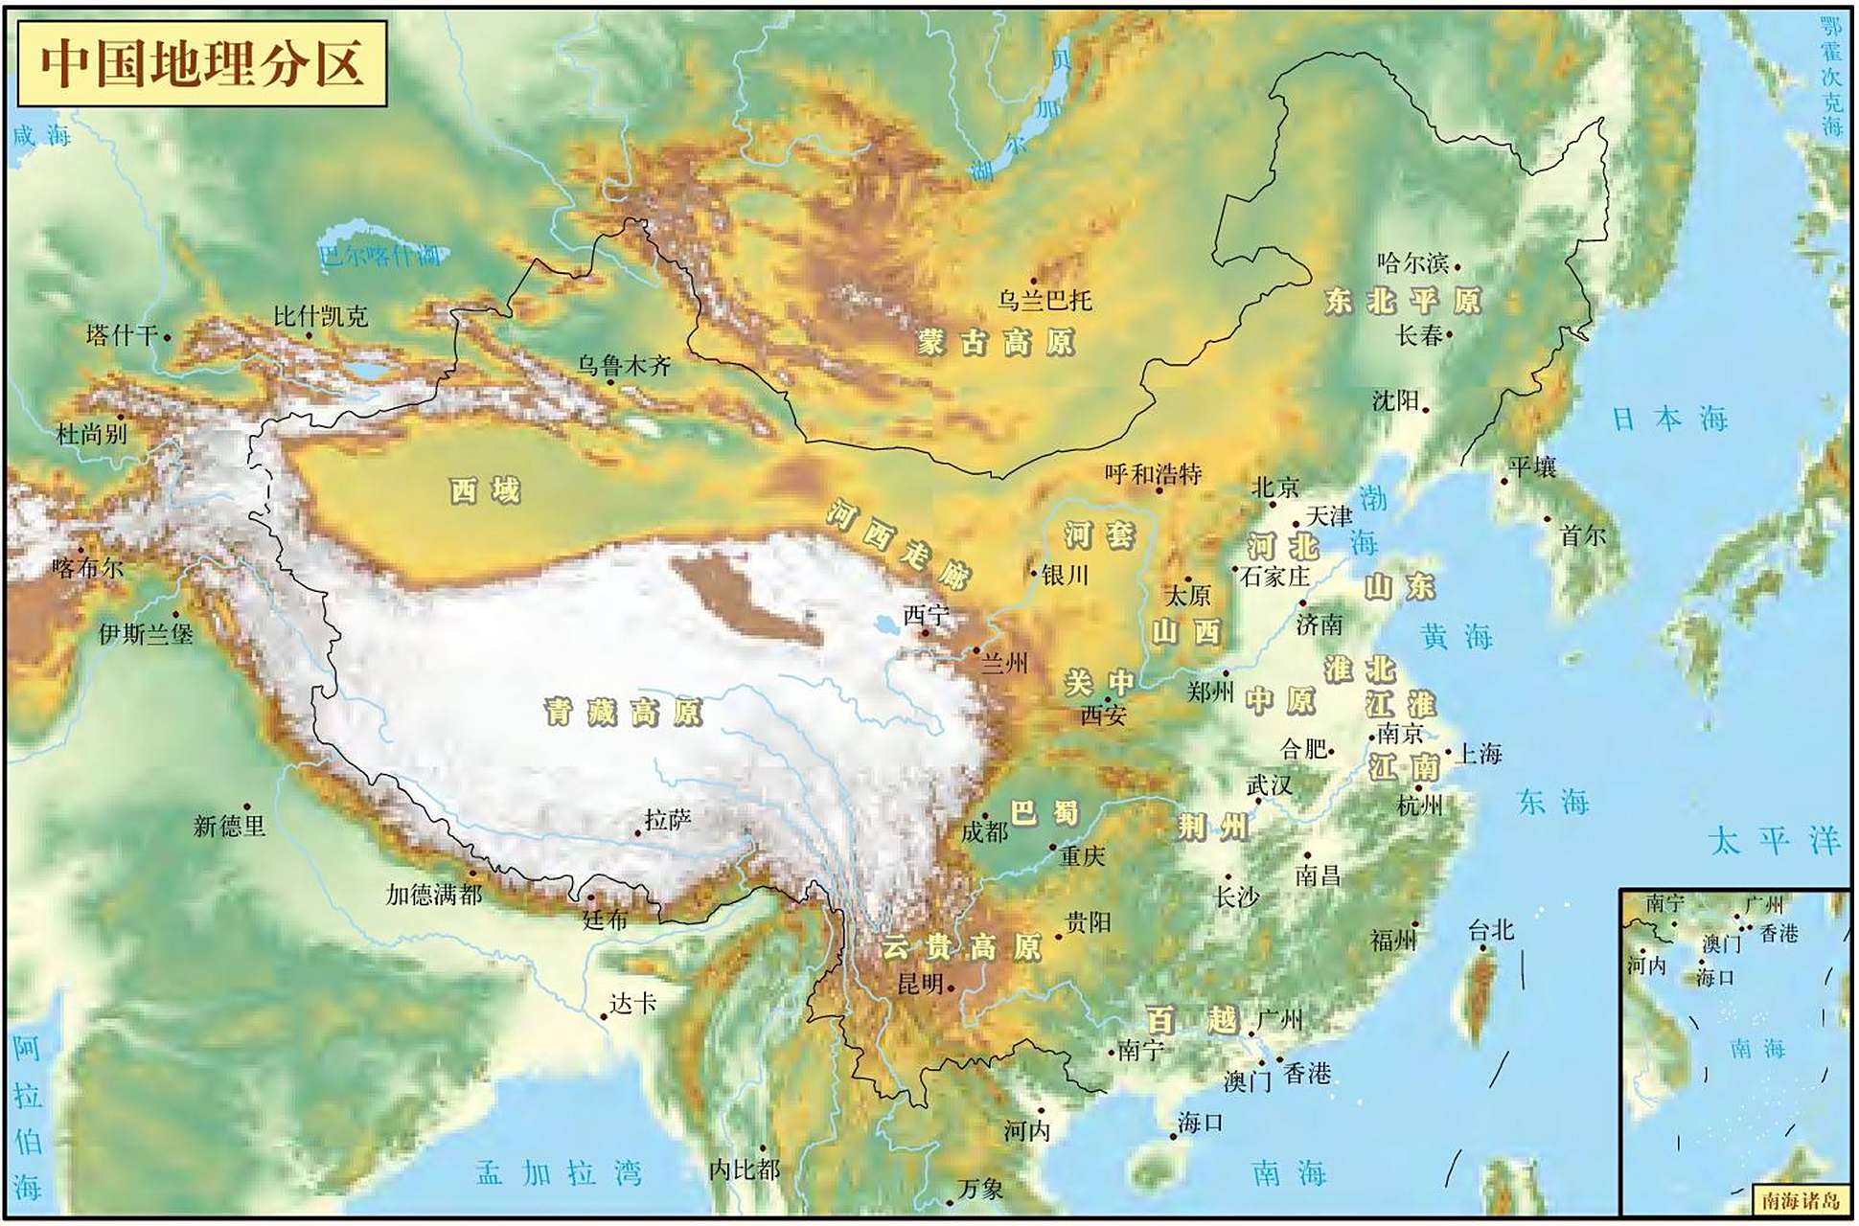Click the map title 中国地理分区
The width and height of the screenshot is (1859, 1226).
(x=202, y=63)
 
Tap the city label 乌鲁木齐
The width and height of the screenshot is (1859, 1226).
(x=624, y=366)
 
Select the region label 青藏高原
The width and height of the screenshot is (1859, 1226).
(x=623, y=713)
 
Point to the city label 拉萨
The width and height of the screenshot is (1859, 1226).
(x=667, y=821)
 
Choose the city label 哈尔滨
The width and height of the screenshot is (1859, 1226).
(x=1412, y=262)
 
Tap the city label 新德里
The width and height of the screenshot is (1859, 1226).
(x=229, y=826)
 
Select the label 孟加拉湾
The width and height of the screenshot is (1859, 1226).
(x=559, y=1172)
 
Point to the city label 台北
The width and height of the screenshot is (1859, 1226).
(x=1490, y=930)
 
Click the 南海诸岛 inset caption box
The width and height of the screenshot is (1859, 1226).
(x=1801, y=1200)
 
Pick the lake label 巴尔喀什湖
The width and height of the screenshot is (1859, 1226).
(x=380, y=255)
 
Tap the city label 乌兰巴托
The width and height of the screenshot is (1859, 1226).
(x=1044, y=301)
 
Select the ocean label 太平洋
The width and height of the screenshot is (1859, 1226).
(x=1774, y=841)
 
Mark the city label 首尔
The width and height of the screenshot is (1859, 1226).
(x=1582, y=536)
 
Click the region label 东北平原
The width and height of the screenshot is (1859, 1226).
(x=1403, y=301)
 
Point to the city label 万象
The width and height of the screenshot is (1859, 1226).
(x=981, y=1189)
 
